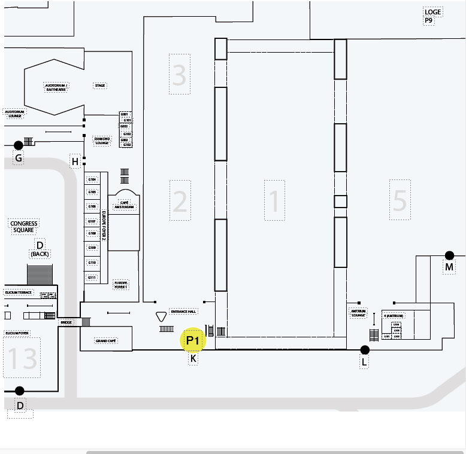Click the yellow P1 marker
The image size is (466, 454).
(192, 341)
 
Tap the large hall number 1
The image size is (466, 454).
(274, 200)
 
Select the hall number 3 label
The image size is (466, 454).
(179, 74)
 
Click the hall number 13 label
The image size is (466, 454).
(22, 358)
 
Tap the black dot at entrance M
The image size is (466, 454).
(449, 255)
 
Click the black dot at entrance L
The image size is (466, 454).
(365, 350)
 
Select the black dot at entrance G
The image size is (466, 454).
(19, 145)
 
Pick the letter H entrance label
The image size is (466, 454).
(75, 162)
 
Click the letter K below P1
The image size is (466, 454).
(193, 359)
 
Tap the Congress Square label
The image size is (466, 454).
(24, 227)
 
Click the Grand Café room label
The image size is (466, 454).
(105, 340)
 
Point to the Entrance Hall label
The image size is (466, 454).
(183, 312)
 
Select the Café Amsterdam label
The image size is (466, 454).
(124, 205)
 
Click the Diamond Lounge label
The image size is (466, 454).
(102, 141)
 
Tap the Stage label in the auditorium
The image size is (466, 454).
(100, 86)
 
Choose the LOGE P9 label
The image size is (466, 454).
(432, 16)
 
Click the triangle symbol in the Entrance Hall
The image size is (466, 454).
(161, 317)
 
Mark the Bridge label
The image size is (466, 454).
(66, 322)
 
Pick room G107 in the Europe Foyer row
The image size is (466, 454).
(92, 221)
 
